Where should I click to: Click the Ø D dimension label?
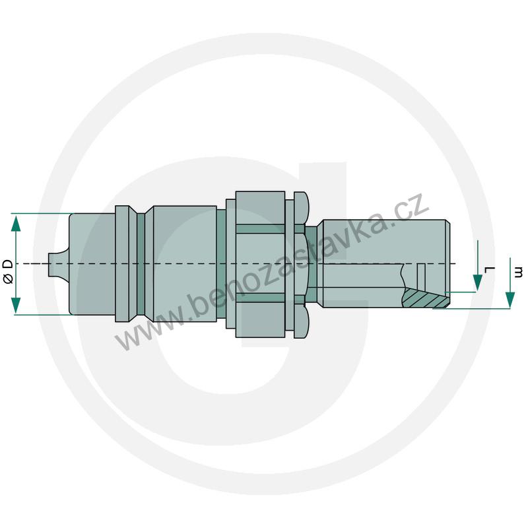[x=8, y=271]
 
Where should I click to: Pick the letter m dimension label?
[x=519, y=272]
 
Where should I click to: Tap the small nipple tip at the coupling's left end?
[x=53, y=263]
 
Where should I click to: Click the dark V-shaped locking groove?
[x=141, y=263]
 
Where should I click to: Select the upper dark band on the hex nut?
[x=261, y=229]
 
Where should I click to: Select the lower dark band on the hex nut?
[x=261, y=298]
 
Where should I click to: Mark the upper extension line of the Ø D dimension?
[x=40, y=213]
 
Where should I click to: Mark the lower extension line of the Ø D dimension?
[x=40, y=314]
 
